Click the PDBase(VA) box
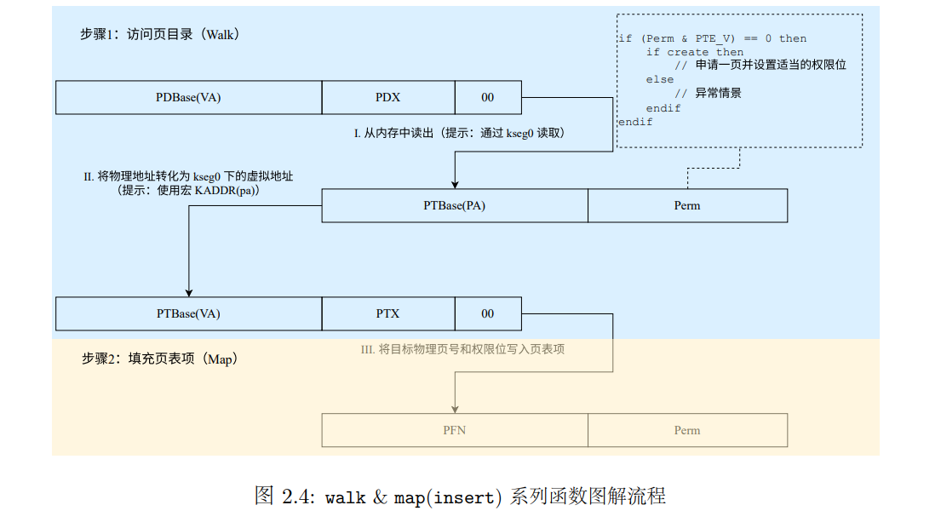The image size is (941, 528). pos(188,97)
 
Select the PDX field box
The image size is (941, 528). pos(387,97)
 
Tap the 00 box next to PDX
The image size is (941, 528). pos(487,97)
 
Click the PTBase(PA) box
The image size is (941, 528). pos(454,205)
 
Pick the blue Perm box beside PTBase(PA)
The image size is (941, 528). pos(686,205)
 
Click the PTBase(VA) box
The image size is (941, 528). pos(188,313)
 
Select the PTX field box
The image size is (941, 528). pos(387,313)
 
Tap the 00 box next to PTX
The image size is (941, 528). pos(487,313)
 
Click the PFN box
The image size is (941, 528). pos(454,430)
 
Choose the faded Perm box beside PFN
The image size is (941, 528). pos(686,430)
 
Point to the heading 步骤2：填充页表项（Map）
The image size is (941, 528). pos(159,359)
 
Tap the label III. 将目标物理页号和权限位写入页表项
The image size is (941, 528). pos(463,349)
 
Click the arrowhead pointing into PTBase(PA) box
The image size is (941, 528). pos(455,184)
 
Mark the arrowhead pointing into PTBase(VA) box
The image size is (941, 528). pos(188,292)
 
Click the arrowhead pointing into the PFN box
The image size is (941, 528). pos(455,408)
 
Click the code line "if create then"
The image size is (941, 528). pos(694,52)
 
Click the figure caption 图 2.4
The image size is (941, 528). pos(460,496)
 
